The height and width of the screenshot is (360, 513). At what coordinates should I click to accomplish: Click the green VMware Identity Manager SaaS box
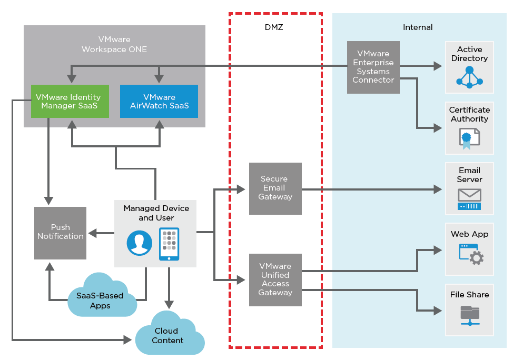[70, 101]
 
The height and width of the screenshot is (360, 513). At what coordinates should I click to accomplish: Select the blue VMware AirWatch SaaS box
[159, 101]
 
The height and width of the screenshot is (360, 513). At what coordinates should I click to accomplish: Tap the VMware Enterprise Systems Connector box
[373, 67]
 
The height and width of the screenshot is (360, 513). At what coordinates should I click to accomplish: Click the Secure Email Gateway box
[275, 188]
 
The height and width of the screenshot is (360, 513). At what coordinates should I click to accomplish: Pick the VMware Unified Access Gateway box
[275, 279]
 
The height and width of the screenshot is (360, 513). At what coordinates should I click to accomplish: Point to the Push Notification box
[60, 233]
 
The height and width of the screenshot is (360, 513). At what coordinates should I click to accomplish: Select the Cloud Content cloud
[169, 335]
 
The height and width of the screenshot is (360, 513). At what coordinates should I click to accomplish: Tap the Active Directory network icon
[469, 77]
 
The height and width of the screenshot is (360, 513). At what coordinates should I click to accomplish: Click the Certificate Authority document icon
[468, 139]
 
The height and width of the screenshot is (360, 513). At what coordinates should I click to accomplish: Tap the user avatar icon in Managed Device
[140, 243]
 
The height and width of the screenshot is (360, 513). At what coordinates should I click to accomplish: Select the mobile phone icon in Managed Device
[169, 244]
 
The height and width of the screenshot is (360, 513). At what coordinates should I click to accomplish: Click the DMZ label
[274, 27]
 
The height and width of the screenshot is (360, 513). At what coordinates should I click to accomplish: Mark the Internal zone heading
[418, 27]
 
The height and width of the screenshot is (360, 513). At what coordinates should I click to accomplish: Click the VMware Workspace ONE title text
[114, 44]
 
